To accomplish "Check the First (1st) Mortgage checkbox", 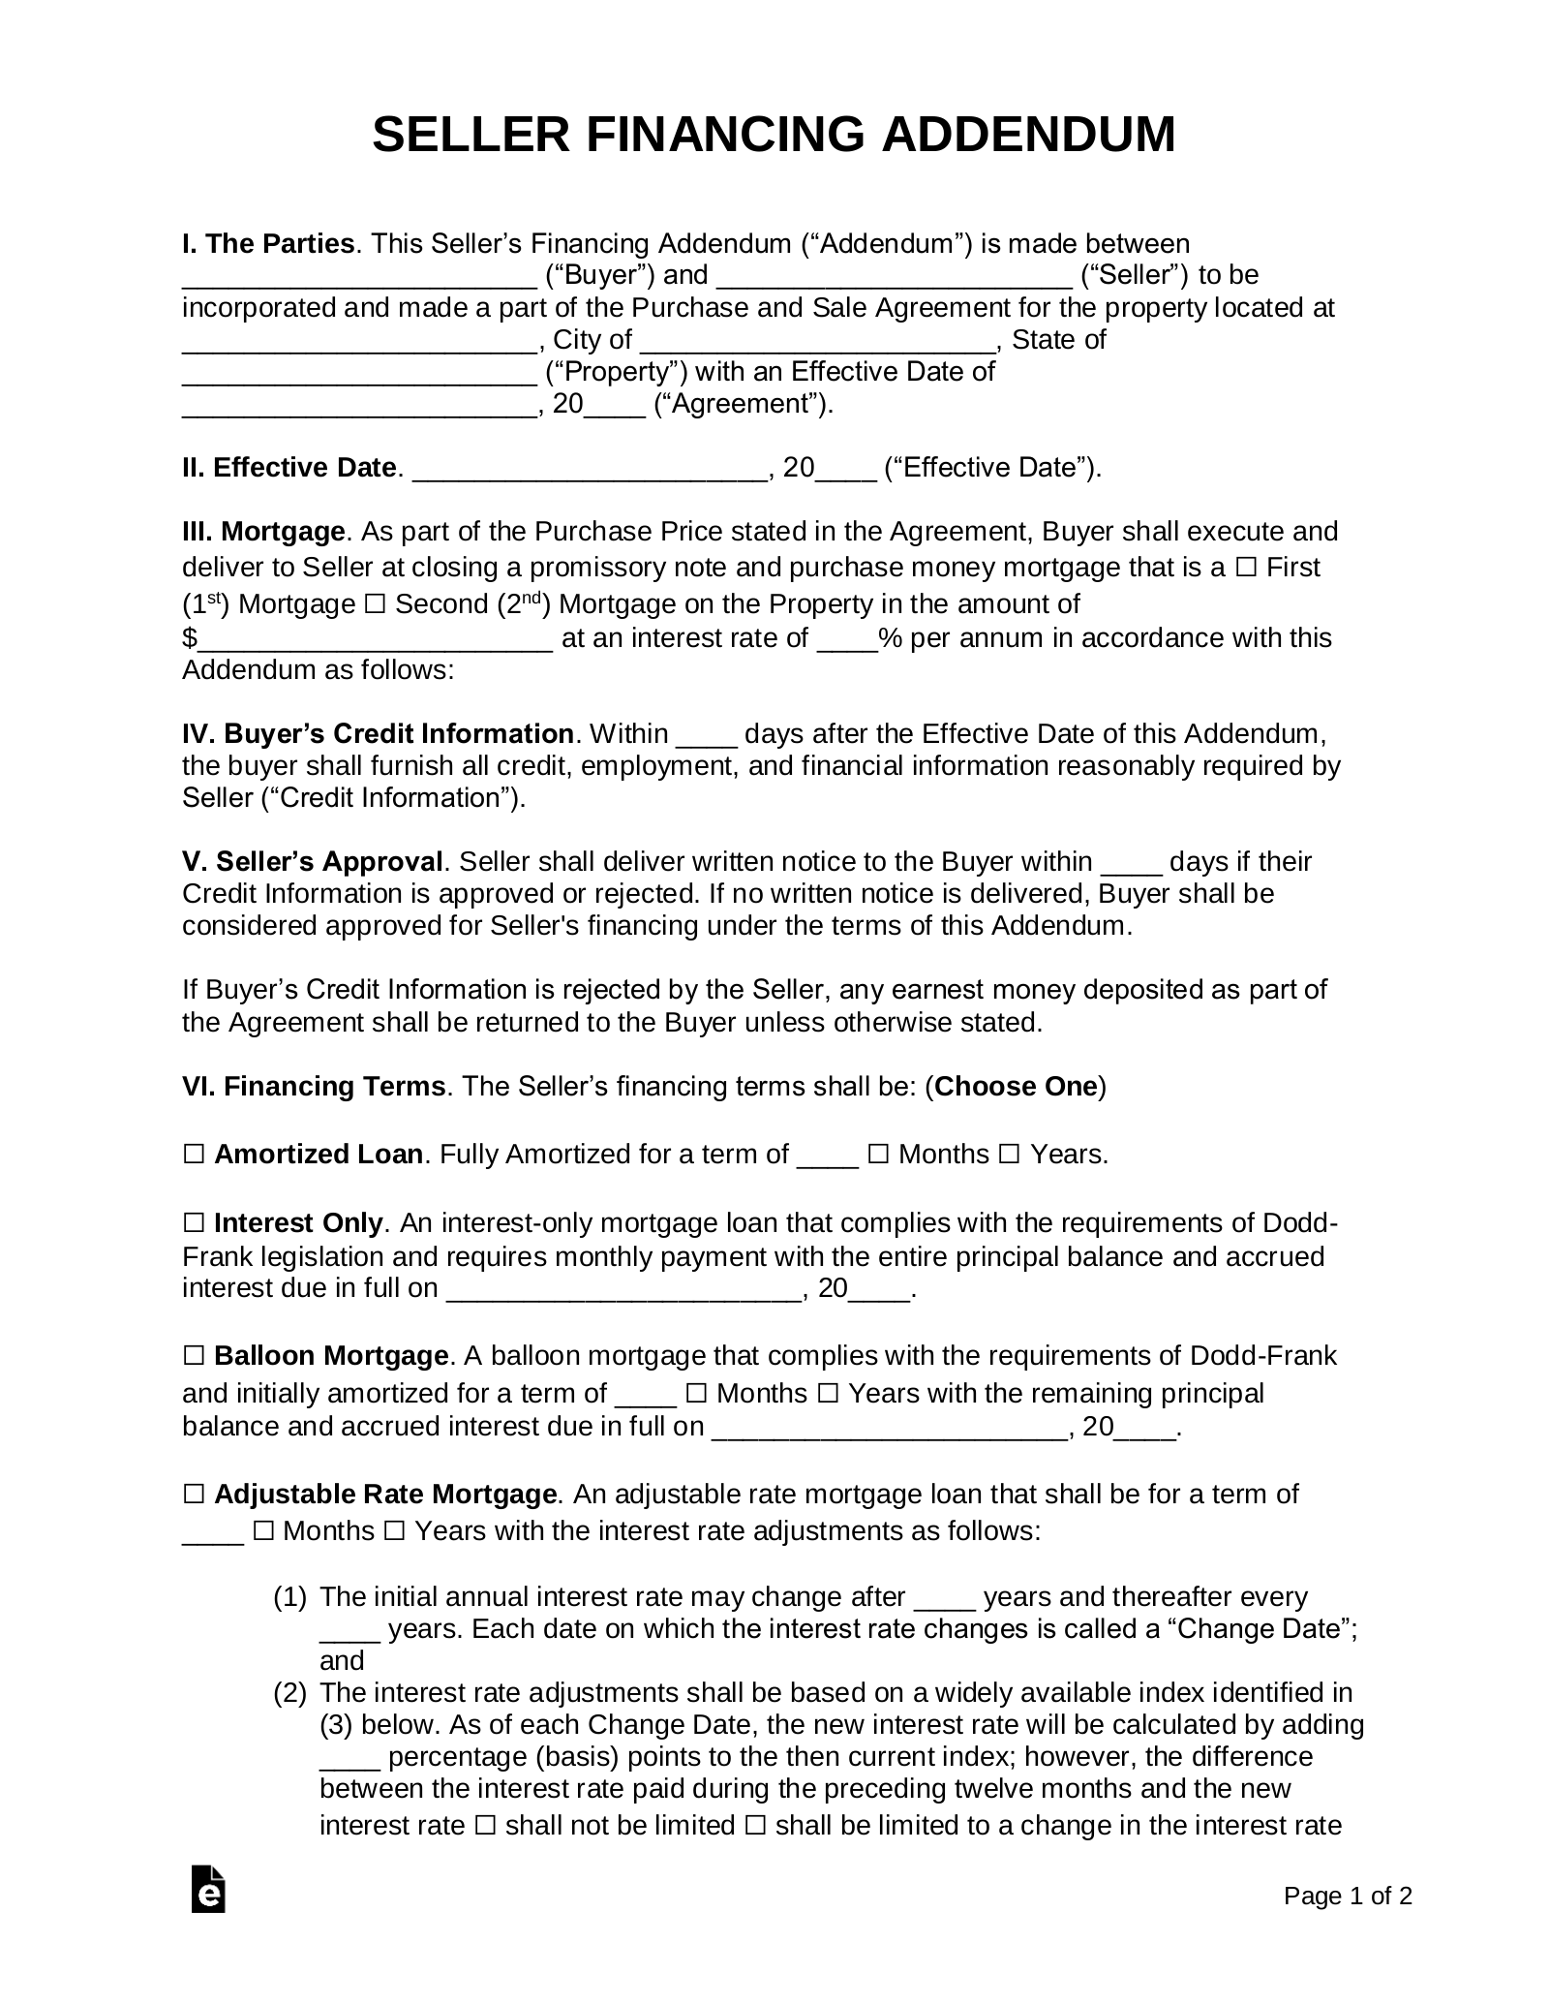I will (x=1247, y=568).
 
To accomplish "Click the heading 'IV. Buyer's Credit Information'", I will (x=378, y=733).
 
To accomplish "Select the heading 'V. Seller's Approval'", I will (x=313, y=861).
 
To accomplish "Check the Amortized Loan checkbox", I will (x=194, y=1155).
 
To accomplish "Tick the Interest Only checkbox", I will (x=194, y=1223).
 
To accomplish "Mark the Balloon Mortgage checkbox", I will (x=194, y=1355).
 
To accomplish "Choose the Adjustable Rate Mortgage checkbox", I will (x=194, y=1495).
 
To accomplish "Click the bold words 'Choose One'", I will (x=1016, y=1086).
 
